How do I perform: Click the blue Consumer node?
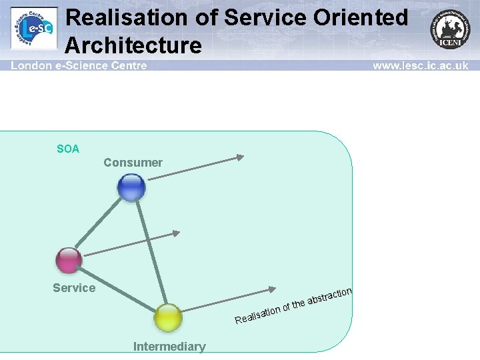[x=131, y=187]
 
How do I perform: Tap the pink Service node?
[x=69, y=260]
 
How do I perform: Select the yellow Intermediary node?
[x=168, y=318]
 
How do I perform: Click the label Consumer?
[x=133, y=163]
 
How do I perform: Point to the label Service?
[x=74, y=288]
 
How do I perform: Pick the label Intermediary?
[x=169, y=347]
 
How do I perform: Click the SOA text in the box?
[x=68, y=149]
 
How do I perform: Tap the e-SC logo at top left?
[x=34, y=28]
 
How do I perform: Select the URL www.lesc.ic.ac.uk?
[x=420, y=65]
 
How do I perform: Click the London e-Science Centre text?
[x=79, y=65]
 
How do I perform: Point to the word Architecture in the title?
[x=133, y=45]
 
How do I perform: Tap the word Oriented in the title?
[x=358, y=17]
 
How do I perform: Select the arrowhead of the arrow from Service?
[x=177, y=233]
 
